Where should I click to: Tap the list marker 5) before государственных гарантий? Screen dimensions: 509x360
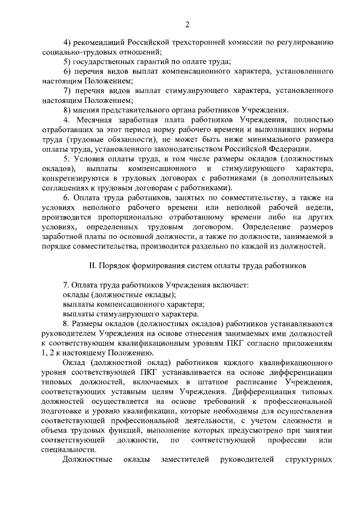(66, 61)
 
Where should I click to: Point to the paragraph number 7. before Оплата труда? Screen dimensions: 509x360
(66, 286)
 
